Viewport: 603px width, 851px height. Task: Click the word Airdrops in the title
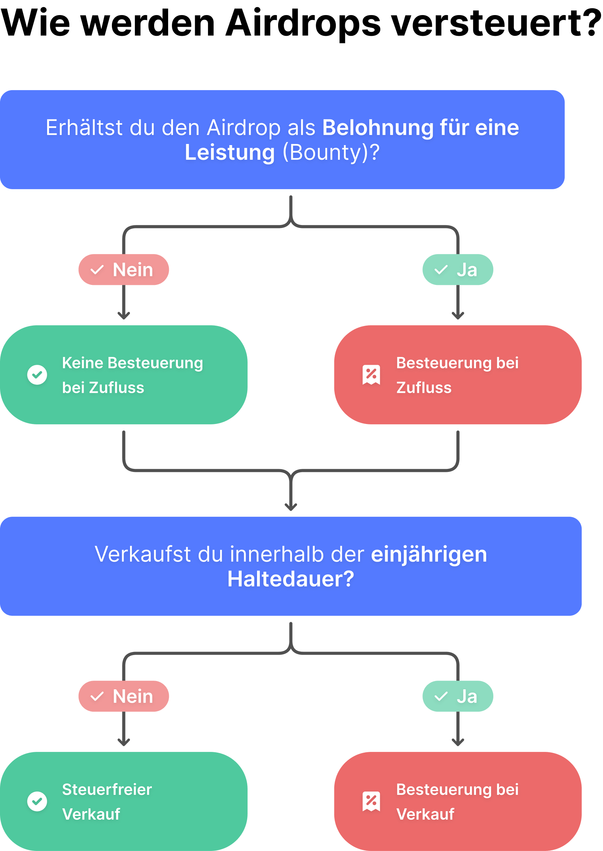[x=303, y=23]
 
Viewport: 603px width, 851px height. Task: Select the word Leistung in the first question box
[x=230, y=153]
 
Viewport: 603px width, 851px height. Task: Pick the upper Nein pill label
[x=124, y=270]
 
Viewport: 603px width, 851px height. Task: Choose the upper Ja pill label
[x=458, y=270]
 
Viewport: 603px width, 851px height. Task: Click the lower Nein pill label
[x=124, y=696]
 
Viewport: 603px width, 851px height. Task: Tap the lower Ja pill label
[x=458, y=696]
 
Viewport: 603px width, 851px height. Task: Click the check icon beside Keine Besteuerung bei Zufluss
[x=37, y=375]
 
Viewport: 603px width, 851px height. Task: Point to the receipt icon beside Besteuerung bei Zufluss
[x=371, y=375]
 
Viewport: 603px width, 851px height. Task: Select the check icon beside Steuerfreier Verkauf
[x=37, y=801]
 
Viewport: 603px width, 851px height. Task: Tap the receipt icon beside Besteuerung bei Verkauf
[x=371, y=801]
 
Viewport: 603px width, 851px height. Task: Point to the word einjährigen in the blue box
[x=429, y=554]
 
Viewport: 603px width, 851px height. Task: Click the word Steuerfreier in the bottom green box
[x=107, y=790]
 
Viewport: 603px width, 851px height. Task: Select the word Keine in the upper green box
[x=83, y=363]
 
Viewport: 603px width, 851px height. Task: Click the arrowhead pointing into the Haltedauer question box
[x=291, y=507]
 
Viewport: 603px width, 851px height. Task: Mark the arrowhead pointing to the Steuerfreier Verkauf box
[x=124, y=742]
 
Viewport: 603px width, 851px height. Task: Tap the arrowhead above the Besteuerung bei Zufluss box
[x=458, y=315]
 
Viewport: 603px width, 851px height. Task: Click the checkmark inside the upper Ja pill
[x=441, y=270]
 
